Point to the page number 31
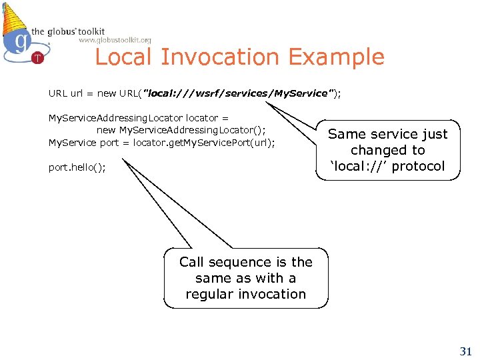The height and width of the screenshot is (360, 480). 466,351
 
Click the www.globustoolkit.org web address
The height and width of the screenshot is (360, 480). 115,40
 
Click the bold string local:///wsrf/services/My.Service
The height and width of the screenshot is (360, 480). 238,93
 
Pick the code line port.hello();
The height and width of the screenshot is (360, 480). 77,167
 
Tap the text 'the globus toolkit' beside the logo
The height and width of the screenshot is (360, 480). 68,31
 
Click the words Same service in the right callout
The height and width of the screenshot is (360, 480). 366,134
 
